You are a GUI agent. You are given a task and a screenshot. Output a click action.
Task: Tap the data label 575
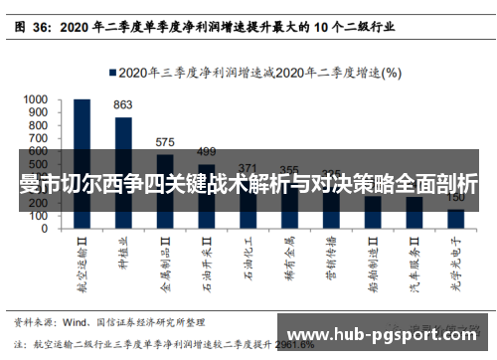(x=165, y=142)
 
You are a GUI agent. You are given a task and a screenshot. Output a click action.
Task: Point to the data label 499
(x=207, y=151)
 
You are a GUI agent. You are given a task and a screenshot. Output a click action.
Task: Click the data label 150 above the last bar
(x=455, y=198)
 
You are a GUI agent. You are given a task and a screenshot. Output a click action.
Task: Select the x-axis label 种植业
(x=123, y=254)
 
